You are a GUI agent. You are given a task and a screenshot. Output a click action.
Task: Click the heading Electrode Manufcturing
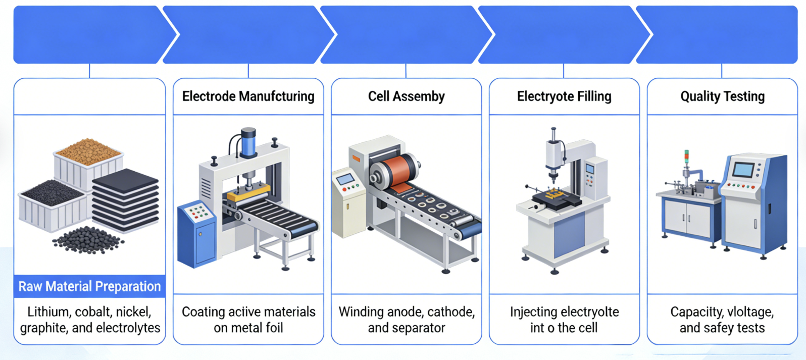tap(248, 96)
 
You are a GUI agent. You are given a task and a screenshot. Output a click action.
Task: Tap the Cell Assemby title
tap(406, 96)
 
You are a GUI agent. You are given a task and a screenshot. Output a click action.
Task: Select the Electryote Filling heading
tap(564, 96)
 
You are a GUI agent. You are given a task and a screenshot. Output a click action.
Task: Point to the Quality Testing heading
tap(723, 96)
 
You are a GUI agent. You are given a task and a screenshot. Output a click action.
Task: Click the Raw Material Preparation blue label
tap(89, 286)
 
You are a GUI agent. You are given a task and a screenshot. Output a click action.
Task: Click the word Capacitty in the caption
tap(694, 312)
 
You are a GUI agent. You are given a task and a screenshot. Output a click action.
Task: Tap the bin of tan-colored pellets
tap(88, 158)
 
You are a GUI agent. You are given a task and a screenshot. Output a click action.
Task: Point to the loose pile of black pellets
tap(88, 240)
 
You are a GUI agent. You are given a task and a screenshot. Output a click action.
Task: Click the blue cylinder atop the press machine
tap(248, 142)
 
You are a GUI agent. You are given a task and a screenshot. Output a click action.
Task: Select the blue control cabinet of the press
tap(196, 234)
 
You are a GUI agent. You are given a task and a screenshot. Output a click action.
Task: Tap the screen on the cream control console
tap(345, 179)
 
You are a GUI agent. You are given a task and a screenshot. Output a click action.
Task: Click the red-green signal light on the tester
tap(686, 158)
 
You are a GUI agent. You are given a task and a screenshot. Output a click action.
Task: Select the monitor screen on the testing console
tap(744, 169)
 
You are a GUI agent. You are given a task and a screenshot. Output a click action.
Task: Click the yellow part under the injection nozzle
tap(554, 194)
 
